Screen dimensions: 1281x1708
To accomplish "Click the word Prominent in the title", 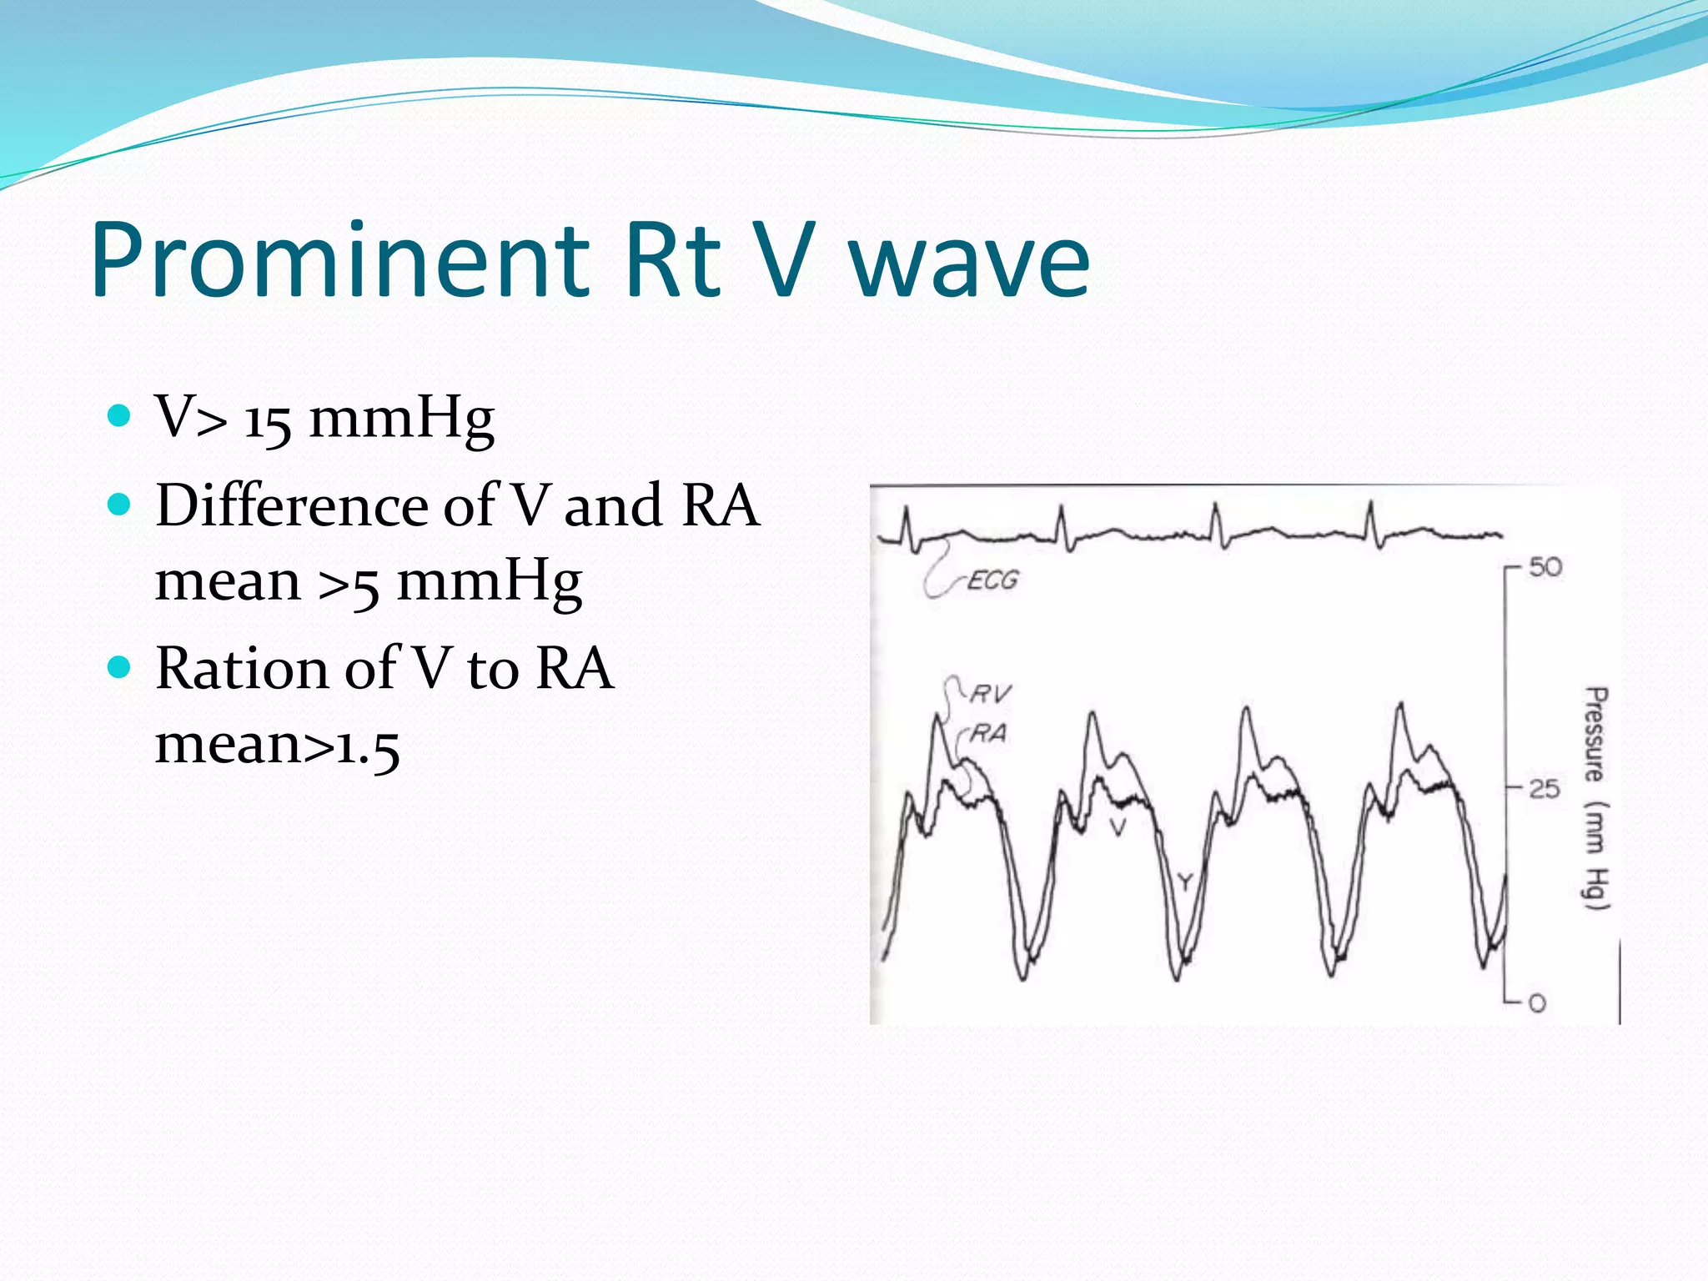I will point(340,260).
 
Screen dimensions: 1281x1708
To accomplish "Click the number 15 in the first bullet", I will point(267,419).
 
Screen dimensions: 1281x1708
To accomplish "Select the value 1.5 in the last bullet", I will point(367,745).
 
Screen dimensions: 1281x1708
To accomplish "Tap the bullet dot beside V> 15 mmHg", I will point(120,415).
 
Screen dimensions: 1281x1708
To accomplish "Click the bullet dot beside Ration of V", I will point(120,667).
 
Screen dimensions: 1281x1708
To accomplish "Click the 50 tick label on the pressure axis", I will point(1545,568).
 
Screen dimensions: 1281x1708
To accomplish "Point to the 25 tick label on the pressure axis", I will point(1544,789).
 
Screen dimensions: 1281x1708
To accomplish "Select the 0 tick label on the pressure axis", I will point(1537,1003).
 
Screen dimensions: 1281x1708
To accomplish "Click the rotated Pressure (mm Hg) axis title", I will point(1595,798).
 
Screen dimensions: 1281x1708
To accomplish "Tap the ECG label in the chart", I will point(992,580).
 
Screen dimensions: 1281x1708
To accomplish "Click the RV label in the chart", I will point(990,694).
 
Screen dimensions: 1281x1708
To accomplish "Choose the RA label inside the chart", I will point(988,734).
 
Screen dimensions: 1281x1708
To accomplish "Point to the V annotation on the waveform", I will point(1118,827).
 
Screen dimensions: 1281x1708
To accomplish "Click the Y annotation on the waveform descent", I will point(1184,882).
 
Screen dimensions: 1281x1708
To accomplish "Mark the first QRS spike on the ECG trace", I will point(907,525).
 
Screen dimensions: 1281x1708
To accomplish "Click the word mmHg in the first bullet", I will point(401,418).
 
